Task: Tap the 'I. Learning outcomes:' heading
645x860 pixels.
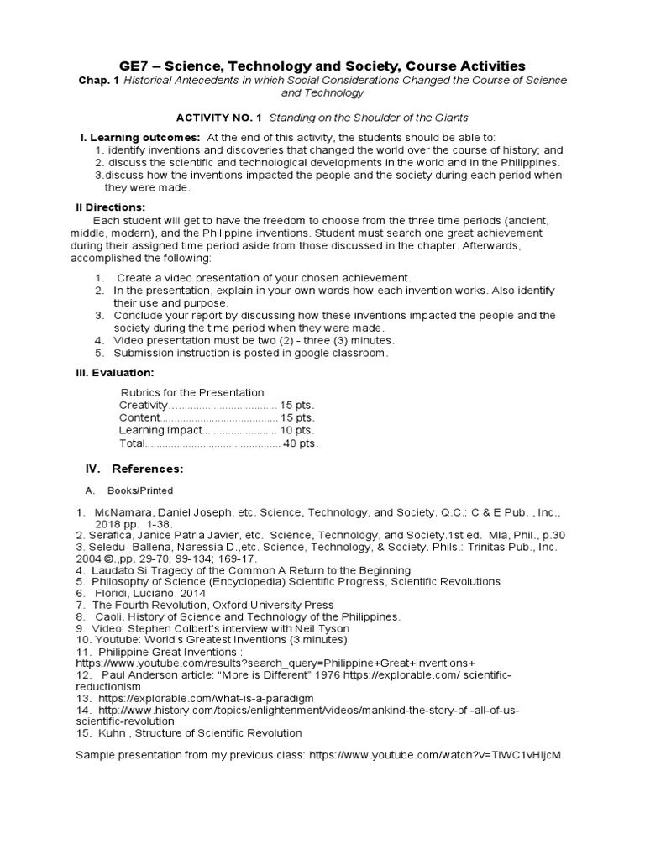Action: pos(139,137)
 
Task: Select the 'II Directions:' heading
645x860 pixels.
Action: pos(111,207)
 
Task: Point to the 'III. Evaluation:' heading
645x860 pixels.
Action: pos(115,372)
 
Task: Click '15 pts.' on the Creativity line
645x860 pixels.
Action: pos(296,405)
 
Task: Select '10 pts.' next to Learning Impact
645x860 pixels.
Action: pos(296,430)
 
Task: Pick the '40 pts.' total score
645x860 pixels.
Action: pos(301,443)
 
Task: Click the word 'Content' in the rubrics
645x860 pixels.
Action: pos(139,417)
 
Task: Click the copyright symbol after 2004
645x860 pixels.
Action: pos(111,558)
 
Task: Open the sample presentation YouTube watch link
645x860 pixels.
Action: pos(434,755)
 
